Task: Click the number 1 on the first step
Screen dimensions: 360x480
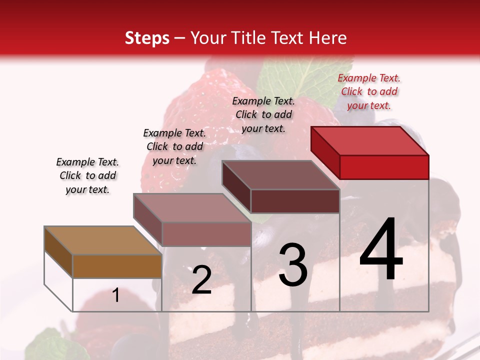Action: click(116, 295)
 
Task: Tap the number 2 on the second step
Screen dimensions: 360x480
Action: click(201, 280)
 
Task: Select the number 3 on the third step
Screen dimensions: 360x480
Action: click(293, 264)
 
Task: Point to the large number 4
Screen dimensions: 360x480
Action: click(381, 249)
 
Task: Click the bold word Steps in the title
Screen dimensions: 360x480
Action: click(147, 38)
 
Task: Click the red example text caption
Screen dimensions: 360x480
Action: click(369, 91)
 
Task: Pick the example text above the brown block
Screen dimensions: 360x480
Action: click(87, 175)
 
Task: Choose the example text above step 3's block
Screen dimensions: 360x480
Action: click(263, 114)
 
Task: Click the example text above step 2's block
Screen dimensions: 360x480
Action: click(174, 146)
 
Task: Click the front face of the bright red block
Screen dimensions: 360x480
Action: click(384, 167)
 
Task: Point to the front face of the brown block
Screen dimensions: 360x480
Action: click(117, 266)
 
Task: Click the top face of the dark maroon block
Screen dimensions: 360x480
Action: click(280, 175)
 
